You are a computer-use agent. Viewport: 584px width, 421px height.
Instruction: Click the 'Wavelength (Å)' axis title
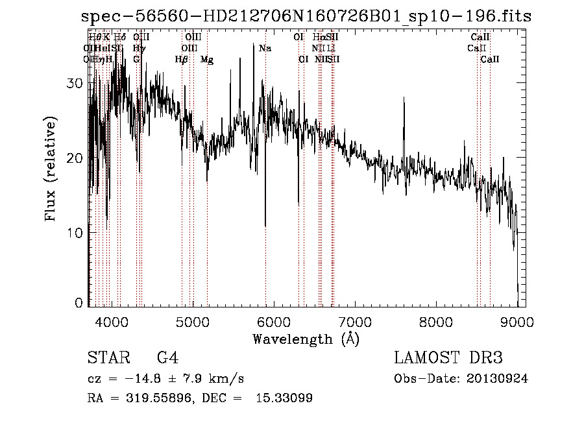[x=306, y=339]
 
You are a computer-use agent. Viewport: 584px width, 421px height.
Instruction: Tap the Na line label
[x=265, y=49]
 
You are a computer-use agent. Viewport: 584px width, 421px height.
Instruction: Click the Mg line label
[x=207, y=60]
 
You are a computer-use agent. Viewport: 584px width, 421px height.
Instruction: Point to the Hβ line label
[x=182, y=60]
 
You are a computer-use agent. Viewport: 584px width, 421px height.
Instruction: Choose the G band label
[x=136, y=60]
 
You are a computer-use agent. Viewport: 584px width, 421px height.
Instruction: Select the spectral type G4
[x=167, y=358]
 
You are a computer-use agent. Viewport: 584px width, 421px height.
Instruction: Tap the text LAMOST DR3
[x=448, y=358]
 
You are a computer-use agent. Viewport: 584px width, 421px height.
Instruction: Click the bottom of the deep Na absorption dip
[x=265, y=226]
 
